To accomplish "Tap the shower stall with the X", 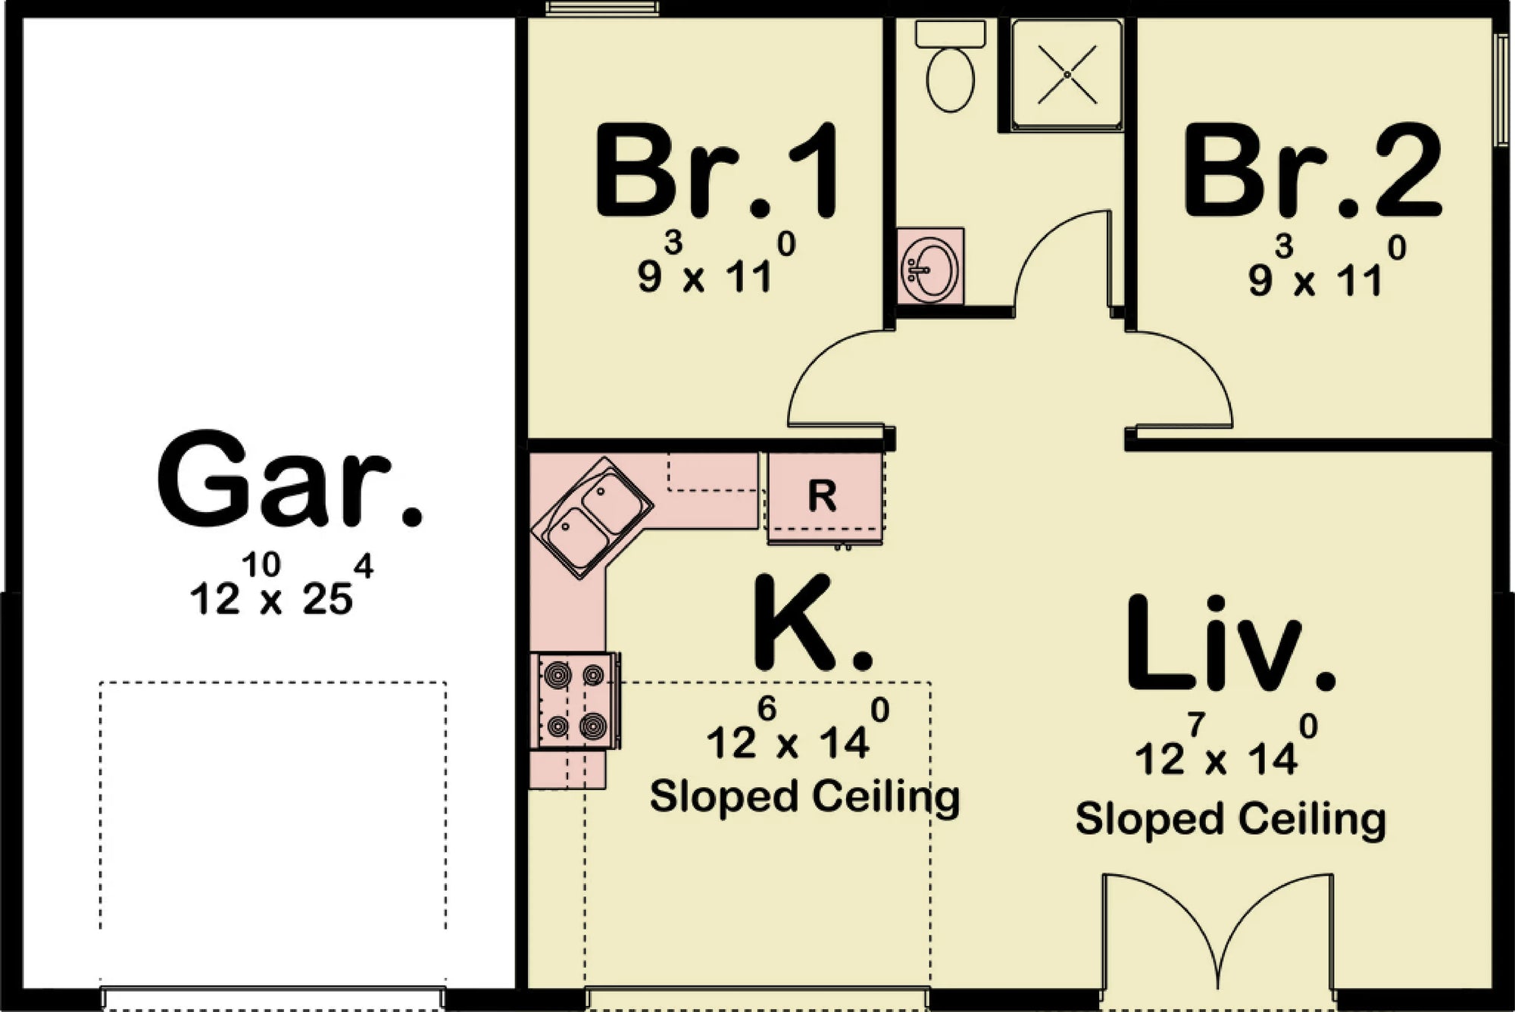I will [1067, 74].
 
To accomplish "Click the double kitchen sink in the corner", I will [592, 518].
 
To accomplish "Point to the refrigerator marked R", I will [824, 497].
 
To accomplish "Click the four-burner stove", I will [576, 700].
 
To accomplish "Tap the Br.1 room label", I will [715, 173].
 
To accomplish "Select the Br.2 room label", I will [1310, 173].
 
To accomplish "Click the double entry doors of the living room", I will [1217, 939].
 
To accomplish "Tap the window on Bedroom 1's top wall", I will [602, 8].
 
